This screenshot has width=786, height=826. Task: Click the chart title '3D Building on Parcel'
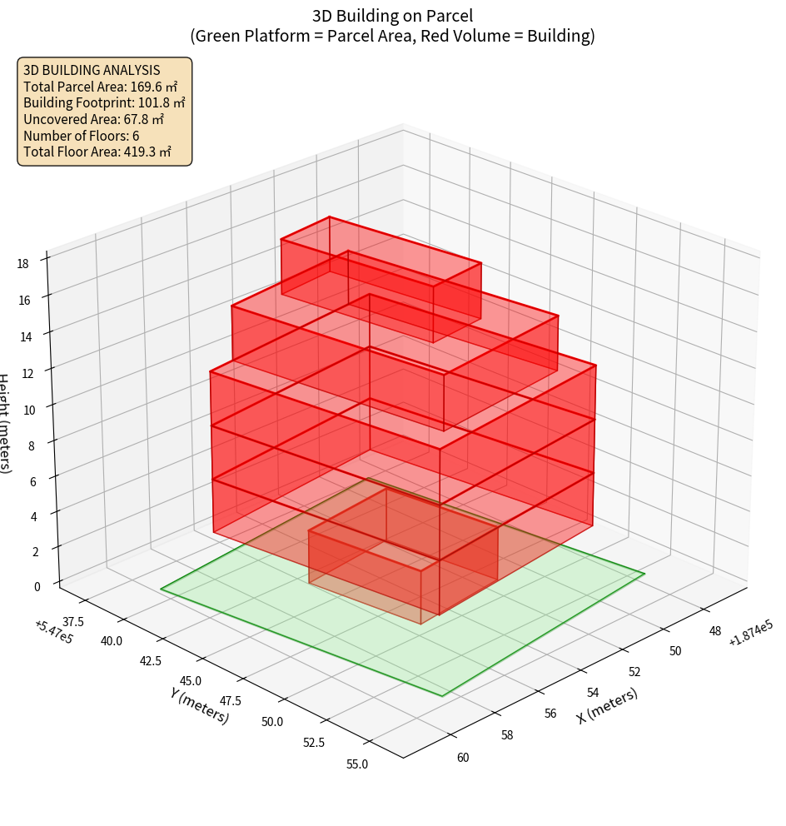point(392,15)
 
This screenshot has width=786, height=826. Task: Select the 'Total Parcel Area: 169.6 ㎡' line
point(101,87)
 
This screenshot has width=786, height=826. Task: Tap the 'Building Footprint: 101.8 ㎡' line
point(104,102)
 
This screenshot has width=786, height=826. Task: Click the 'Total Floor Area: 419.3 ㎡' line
point(97,152)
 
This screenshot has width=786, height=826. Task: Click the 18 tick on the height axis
point(23,264)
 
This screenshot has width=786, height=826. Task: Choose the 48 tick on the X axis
point(715,631)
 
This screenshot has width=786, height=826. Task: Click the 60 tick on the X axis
point(463,757)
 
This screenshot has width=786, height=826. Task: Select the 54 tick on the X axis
point(593,692)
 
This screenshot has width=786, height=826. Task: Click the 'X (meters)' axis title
point(607,706)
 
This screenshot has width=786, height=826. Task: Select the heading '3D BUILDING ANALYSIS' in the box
point(92,70)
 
